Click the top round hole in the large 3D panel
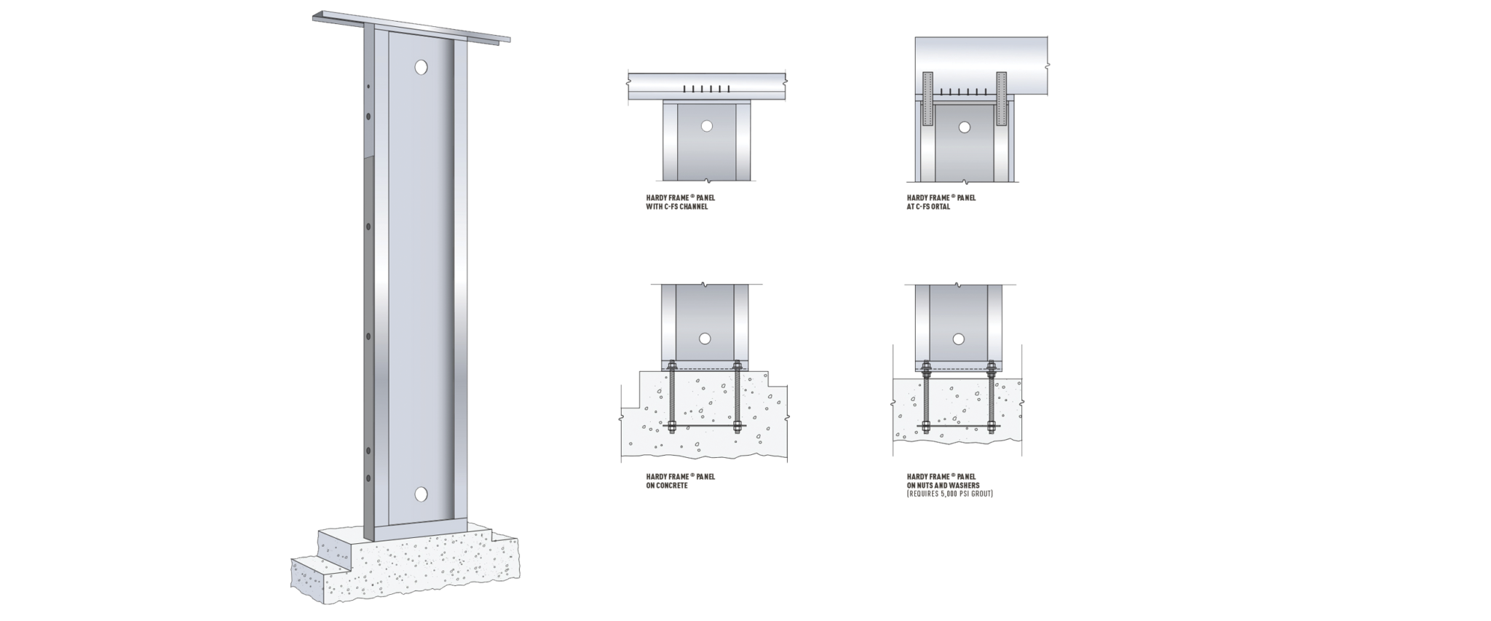click(421, 68)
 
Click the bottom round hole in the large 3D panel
click(421, 494)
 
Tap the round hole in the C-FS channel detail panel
click(706, 126)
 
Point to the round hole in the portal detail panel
click(965, 127)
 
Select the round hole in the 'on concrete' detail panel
click(704, 339)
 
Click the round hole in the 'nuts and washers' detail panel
click(959, 339)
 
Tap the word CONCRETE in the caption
click(673, 486)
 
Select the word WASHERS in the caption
click(965, 486)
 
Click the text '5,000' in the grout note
click(949, 494)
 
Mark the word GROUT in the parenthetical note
click(981, 494)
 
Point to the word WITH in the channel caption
click(644, 207)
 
